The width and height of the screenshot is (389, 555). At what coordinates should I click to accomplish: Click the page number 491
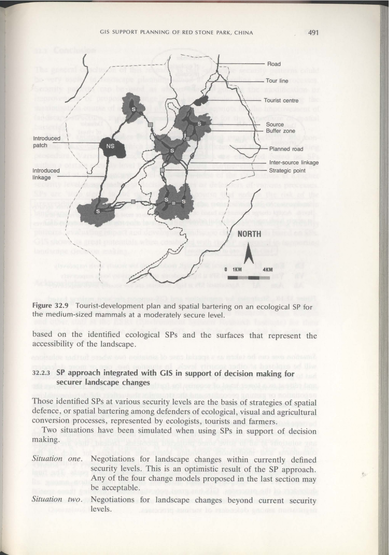tap(313, 33)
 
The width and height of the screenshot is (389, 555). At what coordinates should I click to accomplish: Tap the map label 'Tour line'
tap(277, 81)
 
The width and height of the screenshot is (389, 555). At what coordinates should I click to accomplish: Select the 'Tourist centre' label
tap(281, 100)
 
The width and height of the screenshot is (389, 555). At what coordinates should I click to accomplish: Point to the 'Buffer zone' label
tap(280, 131)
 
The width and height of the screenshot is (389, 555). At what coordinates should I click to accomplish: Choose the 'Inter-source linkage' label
tap(294, 163)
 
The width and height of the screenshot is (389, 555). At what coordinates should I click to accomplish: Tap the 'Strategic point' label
tap(287, 171)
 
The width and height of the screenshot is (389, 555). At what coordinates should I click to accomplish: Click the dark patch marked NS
tap(110, 146)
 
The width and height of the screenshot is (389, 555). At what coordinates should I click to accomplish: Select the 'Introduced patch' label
tap(47, 142)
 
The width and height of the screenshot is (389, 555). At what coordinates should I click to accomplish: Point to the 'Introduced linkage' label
tap(46, 174)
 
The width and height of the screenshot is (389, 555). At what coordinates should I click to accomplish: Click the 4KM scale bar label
tap(268, 269)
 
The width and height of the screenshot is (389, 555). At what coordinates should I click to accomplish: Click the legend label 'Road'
tap(274, 64)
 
